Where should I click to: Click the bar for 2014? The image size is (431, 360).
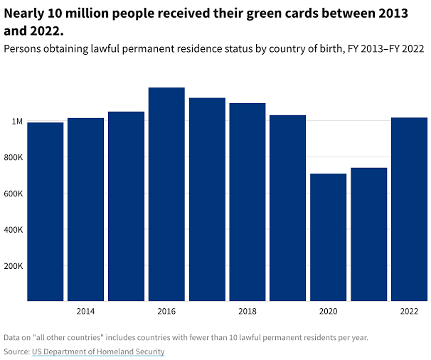(86, 209)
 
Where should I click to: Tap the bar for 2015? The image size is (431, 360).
(127, 206)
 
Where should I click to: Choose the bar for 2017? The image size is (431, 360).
(207, 199)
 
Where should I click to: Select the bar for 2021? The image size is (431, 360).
(368, 234)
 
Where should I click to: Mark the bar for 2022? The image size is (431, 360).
(409, 209)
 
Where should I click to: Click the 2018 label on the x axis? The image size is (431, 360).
(248, 312)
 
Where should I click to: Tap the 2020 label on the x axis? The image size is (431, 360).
(328, 312)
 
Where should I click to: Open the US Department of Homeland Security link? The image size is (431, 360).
(98, 351)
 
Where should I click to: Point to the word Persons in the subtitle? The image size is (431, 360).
(25, 49)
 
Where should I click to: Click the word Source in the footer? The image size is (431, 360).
(16, 351)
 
